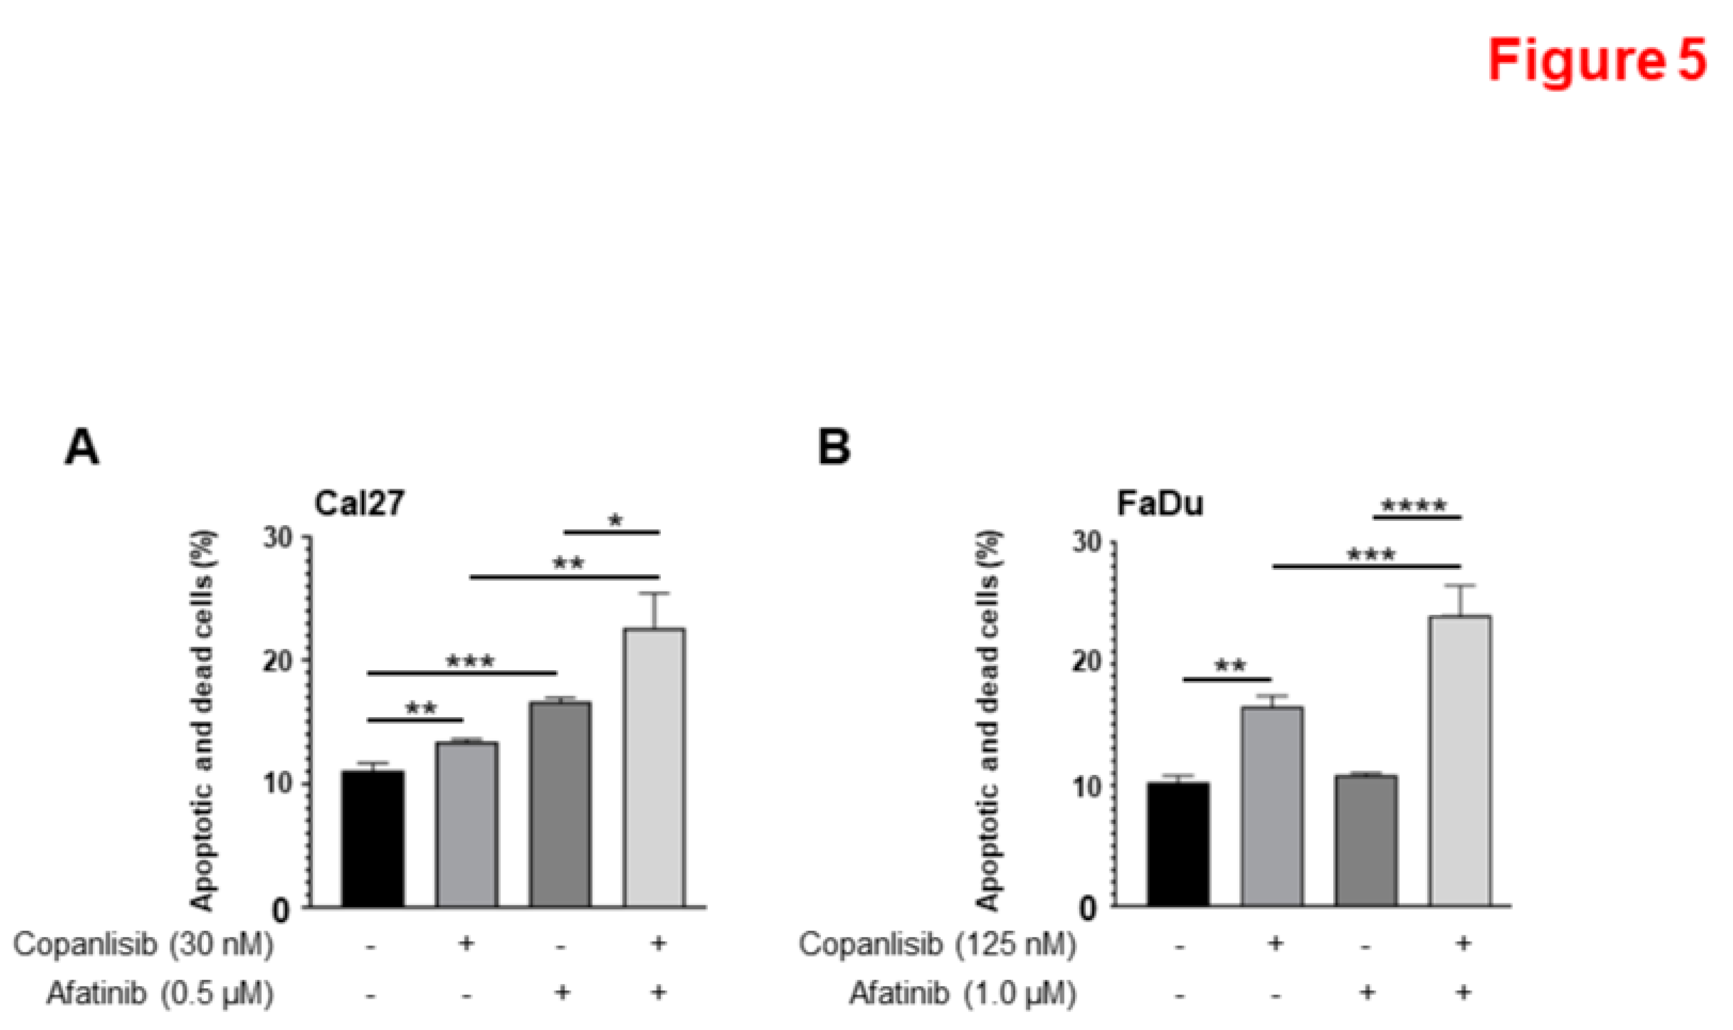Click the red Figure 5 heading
click(1597, 61)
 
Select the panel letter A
click(81, 448)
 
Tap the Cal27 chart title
click(359, 503)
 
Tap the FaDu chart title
click(1160, 503)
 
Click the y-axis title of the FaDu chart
click(988, 722)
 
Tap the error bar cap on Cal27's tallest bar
click(654, 593)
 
